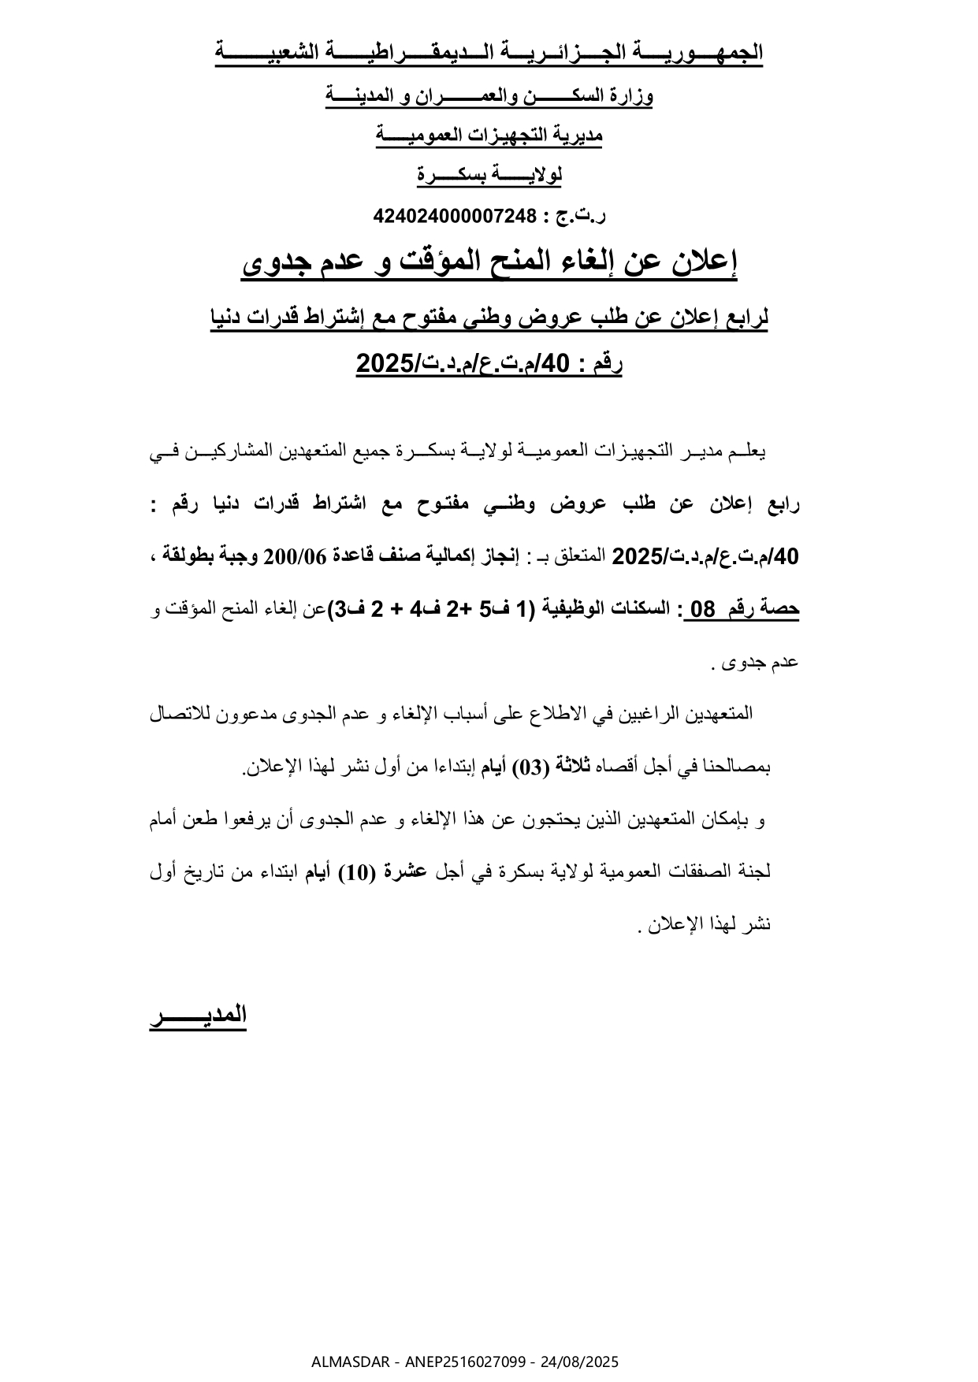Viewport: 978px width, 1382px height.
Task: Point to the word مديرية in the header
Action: (578, 136)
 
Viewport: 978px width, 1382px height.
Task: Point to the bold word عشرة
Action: (400, 872)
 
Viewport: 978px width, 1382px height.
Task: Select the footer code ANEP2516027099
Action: (456, 1362)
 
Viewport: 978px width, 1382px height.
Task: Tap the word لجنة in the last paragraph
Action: (756, 872)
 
